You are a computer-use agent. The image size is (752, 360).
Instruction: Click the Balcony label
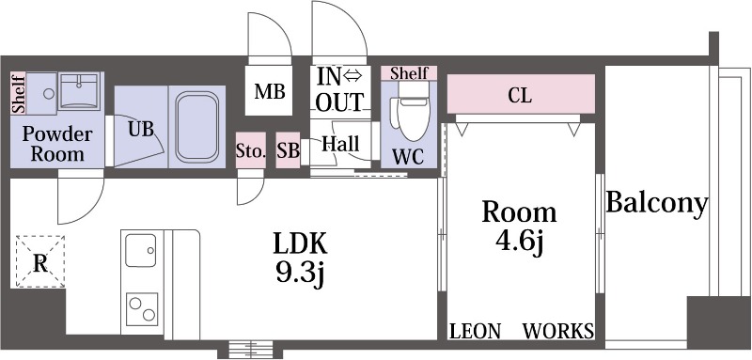click(x=657, y=205)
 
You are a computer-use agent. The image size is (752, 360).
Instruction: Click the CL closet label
click(x=521, y=96)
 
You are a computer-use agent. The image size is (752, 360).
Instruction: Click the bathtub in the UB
click(x=196, y=127)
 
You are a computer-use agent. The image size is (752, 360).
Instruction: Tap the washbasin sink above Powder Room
click(x=79, y=91)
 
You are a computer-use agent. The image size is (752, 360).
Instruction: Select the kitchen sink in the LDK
click(x=140, y=250)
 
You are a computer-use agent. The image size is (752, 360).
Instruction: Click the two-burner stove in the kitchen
click(x=142, y=309)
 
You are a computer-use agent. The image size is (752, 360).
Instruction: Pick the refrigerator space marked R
click(x=40, y=261)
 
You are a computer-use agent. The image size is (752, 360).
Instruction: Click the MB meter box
click(x=269, y=90)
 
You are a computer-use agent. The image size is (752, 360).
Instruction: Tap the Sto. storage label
click(x=251, y=151)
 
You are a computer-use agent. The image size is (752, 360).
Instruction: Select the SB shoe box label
click(x=289, y=151)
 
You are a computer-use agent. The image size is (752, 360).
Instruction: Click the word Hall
click(x=341, y=143)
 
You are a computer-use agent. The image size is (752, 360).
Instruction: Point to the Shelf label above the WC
click(x=409, y=74)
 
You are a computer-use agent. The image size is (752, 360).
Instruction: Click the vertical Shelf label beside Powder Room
click(x=18, y=94)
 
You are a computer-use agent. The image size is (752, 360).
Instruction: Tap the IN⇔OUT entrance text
click(x=340, y=89)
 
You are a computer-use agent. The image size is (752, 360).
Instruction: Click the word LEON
click(x=476, y=331)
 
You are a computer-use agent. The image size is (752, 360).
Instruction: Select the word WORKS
click(x=557, y=331)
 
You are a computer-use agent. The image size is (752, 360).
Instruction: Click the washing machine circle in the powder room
click(x=49, y=94)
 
